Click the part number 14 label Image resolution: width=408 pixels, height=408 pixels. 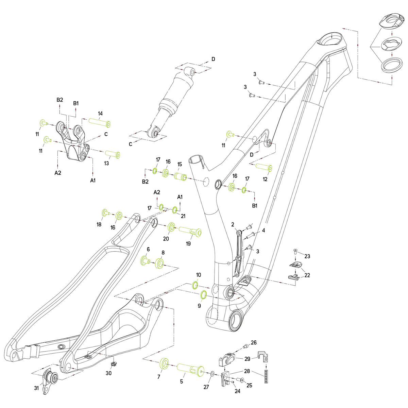pos(100,113)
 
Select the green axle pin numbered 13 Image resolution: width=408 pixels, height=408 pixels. pos(113,155)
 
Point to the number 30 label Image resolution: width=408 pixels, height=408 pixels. pos(108,373)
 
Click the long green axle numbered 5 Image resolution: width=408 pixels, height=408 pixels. pos(190,369)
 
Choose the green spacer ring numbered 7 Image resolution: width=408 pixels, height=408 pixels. pos(164,363)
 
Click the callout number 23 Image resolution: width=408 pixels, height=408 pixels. pos(307,256)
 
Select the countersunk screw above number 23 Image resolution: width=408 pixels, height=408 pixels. pos(295,252)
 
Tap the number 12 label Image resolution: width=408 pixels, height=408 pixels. pos(265,179)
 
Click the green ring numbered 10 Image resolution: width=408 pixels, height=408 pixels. pos(196,284)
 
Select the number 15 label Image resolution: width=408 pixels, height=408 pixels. pos(180,164)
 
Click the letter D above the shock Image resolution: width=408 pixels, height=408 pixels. pos(213,59)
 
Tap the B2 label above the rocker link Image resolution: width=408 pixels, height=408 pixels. pos(60,100)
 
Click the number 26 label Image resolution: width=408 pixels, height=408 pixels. pos(254,342)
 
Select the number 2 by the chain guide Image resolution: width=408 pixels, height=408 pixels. pos(233,224)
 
